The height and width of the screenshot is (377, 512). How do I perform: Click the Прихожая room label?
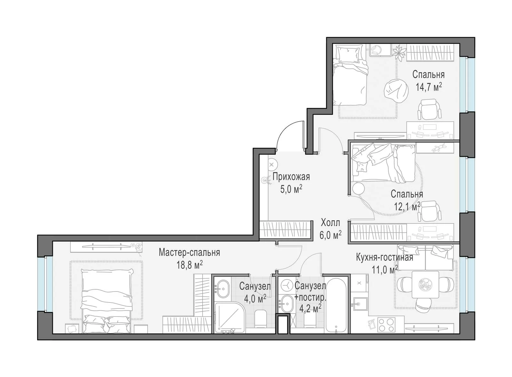pos(291,177)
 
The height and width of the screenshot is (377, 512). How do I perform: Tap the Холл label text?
pos(330,223)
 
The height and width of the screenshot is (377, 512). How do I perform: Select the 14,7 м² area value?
pos(428,87)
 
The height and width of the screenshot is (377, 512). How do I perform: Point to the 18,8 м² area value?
pos(189,265)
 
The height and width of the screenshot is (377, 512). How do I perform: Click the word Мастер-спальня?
pos(189,253)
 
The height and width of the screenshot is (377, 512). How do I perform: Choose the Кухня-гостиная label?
pos(384,257)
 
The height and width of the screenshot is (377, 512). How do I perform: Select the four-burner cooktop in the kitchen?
pos(386,325)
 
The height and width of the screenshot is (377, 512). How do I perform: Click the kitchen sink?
pos(360,304)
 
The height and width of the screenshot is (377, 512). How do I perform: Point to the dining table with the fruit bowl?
pos(425,285)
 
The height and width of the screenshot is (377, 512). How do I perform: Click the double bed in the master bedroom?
pos(107,301)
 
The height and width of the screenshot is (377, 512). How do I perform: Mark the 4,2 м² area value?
pos(310,309)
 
